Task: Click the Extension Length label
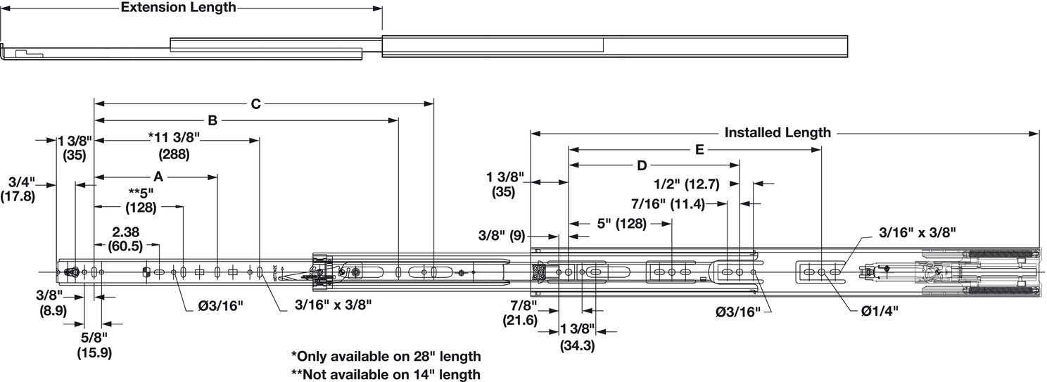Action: click(x=178, y=8)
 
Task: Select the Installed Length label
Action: click(x=778, y=133)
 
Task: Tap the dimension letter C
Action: click(x=255, y=104)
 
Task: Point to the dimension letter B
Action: click(x=212, y=120)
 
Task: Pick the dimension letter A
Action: click(x=158, y=177)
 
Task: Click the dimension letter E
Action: click(x=699, y=150)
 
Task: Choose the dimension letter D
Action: click(x=642, y=165)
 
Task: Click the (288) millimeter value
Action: click(x=174, y=154)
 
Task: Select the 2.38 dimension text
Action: click(x=126, y=232)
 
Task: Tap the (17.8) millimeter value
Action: click(x=18, y=196)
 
